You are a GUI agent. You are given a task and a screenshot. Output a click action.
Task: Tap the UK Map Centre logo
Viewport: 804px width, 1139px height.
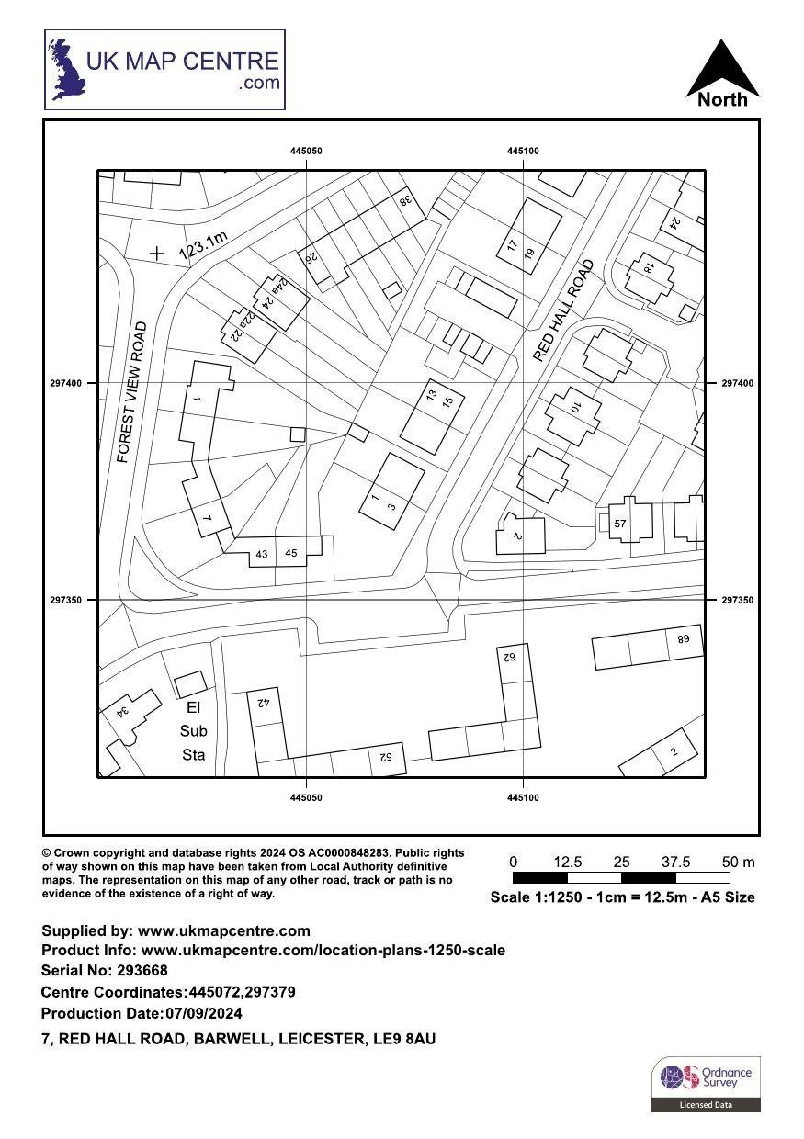[165, 70]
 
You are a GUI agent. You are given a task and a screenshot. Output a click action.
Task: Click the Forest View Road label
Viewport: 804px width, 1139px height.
[132, 391]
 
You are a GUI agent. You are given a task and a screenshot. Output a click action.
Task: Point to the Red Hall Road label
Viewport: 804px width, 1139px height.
[563, 310]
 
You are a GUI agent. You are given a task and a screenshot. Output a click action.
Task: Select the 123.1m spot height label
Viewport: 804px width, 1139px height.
[202, 242]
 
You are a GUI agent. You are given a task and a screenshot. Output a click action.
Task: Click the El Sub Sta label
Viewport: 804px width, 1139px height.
[193, 731]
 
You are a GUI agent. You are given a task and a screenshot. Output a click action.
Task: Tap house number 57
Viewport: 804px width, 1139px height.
[620, 524]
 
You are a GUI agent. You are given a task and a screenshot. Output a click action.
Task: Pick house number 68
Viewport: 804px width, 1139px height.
[683, 639]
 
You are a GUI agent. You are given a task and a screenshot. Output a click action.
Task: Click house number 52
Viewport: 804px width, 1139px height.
[385, 757]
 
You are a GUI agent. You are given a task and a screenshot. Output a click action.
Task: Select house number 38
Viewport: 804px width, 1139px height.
[404, 199]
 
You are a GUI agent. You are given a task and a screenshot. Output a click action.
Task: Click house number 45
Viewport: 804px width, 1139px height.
[291, 553]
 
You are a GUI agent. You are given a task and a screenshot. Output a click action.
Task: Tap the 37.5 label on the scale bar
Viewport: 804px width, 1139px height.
[675, 862]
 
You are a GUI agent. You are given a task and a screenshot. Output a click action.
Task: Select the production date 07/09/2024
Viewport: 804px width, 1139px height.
[203, 1014]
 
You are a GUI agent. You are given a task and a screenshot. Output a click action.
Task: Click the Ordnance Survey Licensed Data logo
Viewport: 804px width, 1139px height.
[706, 1084]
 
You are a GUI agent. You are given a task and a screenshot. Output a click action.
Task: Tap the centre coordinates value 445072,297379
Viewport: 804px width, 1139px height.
[242, 993]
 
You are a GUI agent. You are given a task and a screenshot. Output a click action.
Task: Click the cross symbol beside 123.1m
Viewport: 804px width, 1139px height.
[158, 253]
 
